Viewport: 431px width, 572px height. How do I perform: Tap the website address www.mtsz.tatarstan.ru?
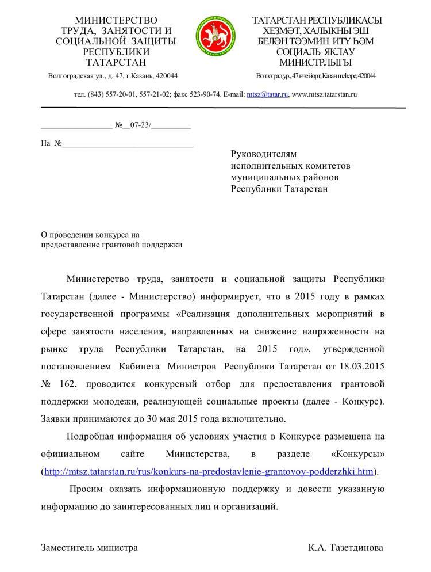pos(325,94)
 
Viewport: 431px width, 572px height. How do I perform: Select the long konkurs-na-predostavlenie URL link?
pos(209,472)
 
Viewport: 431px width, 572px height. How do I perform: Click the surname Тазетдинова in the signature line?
pos(356,547)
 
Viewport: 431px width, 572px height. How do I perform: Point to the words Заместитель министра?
pos(89,547)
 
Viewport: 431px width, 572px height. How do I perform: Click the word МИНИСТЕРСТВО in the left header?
pos(116,21)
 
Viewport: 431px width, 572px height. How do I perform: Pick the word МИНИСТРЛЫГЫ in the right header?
pos(315,62)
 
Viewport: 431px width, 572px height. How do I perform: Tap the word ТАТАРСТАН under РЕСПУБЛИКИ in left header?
pos(116,62)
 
